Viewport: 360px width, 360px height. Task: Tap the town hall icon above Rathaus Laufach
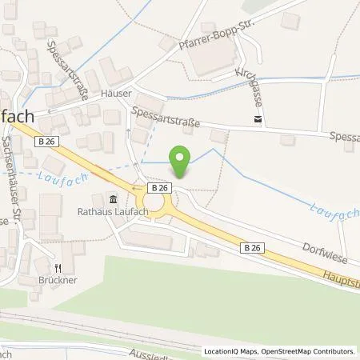[x=112, y=199]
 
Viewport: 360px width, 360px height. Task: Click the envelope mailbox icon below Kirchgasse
[x=256, y=120]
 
